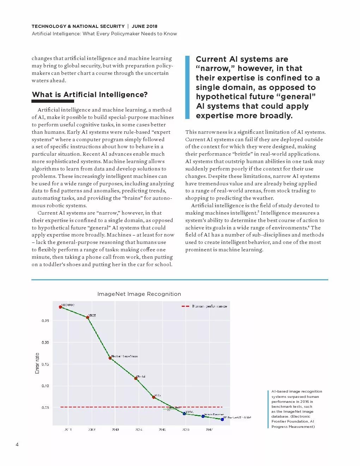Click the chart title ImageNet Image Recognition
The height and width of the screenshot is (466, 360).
[x=139, y=294]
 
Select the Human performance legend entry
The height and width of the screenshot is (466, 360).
[x=209, y=306]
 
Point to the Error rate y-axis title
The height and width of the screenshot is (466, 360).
[x=37, y=363]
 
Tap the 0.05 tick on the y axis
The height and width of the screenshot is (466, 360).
[x=45, y=407]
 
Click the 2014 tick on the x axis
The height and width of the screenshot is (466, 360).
[x=139, y=430]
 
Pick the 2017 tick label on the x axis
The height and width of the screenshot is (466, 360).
[x=209, y=430]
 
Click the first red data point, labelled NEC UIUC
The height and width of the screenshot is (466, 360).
[x=60, y=307]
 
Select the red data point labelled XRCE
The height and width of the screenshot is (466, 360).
[x=88, y=317]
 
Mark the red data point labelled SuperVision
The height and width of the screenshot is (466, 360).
[x=110, y=358]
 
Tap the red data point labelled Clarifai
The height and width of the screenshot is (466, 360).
[x=136, y=378]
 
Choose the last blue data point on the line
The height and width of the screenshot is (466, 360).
[x=222, y=419]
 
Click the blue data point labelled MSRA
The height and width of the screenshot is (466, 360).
[x=184, y=413]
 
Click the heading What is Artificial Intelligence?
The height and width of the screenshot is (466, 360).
[x=90, y=95]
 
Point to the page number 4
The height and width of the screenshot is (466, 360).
[x=17, y=444]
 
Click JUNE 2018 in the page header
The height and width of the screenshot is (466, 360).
[x=145, y=26]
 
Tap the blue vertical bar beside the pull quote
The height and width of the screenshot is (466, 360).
[x=187, y=87]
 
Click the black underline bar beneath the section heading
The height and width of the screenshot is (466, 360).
[x=53, y=101]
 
